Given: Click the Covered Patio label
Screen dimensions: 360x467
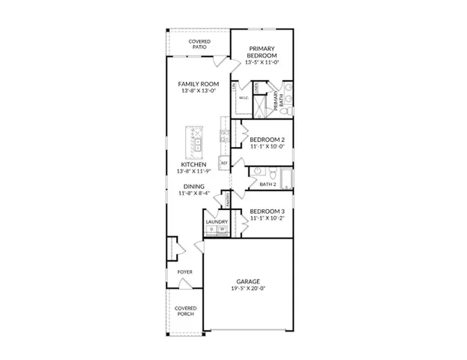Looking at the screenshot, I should (199, 43).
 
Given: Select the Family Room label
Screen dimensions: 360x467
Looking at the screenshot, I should (198, 84).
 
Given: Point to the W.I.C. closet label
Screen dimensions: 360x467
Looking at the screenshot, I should (244, 98).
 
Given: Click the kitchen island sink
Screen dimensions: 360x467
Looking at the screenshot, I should (199, 140).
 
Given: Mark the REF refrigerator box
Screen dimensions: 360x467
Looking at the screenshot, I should (223, 163).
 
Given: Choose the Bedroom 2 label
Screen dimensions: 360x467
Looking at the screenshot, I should (268, 139).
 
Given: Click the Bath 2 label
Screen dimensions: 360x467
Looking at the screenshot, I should (268, 184).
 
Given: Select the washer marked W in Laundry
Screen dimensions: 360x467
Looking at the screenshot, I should (222, 229).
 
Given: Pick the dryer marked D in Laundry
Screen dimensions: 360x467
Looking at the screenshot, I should (211, 229).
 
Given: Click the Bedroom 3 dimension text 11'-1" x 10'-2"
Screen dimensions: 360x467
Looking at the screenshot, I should (268, 219).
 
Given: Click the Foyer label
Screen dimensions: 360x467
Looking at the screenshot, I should (184, 271).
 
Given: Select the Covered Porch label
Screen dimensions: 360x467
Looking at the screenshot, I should (185, 310).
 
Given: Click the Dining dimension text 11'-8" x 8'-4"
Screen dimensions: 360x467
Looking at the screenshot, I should (193, 193).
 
